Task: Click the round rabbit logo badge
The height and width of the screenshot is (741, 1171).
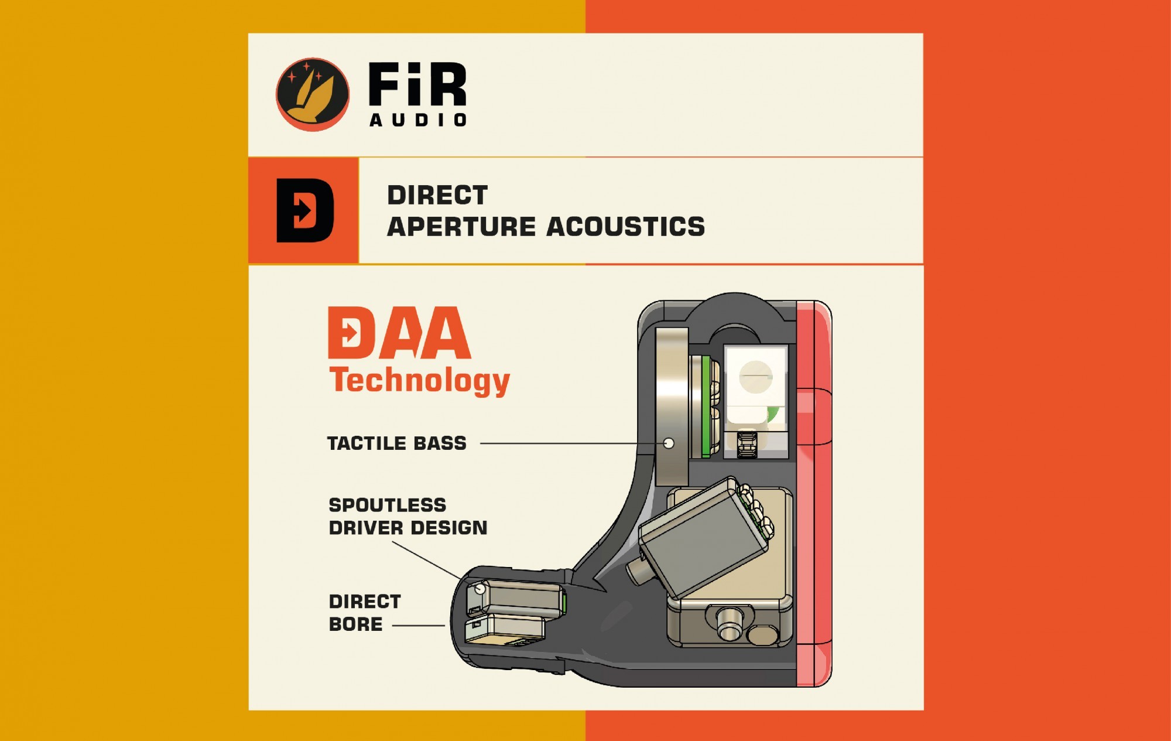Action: (312, 94)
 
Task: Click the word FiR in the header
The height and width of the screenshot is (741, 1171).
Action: (417, 85)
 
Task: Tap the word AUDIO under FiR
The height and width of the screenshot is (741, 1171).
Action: (418, 120)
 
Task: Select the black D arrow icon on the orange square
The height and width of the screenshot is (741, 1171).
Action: (304, 210)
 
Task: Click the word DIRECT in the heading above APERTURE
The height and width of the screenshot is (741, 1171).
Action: (437, 195)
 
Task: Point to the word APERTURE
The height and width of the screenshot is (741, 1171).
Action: (461, 227)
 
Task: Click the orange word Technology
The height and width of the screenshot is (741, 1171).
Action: (419, 381)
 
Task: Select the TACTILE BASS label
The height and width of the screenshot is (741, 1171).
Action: (396, 443)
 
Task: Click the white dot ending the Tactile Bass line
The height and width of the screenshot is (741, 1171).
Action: (669, 443)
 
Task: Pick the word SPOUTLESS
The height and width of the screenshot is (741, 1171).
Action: (387, 505)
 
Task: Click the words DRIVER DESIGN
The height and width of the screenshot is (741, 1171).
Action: (408, 528)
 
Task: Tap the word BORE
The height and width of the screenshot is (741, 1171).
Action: (355, 624)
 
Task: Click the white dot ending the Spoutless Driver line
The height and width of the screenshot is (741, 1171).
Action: (480, 589)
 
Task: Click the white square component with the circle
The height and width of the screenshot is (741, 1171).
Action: (755, 378)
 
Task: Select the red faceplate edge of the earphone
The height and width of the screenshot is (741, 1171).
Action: (814, 492)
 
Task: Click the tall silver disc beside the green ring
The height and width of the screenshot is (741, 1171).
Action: (672, 404)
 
